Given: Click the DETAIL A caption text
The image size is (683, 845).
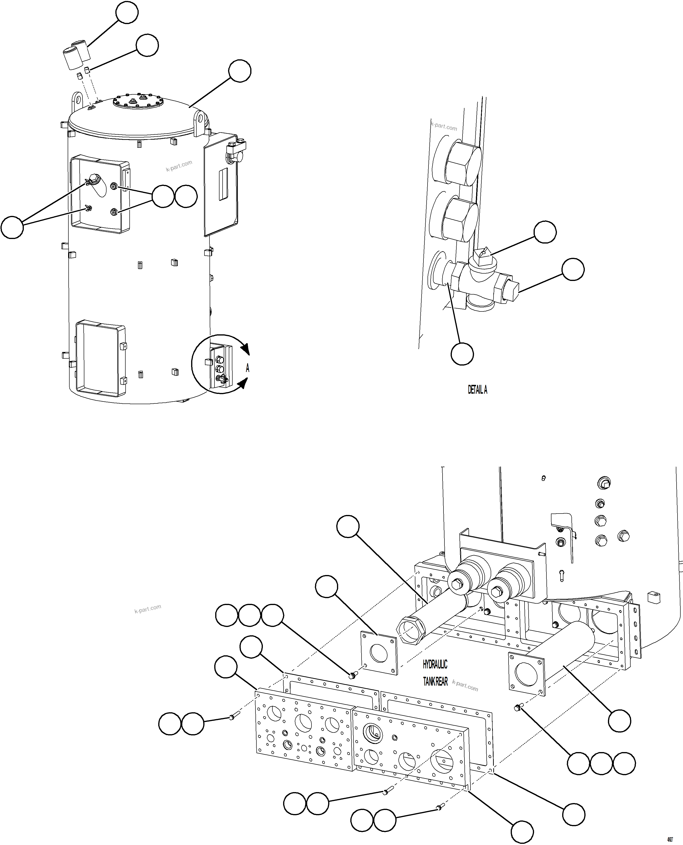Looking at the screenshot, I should point(477,389).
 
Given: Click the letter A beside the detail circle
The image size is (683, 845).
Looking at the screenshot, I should point(247,368).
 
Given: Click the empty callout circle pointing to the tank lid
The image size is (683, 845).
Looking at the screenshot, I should point(240,71).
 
